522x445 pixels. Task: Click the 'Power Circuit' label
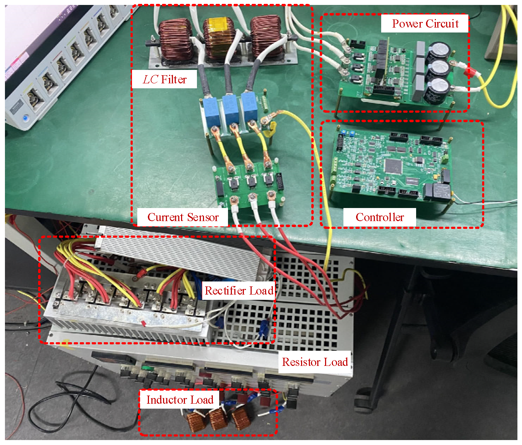click(425, 24)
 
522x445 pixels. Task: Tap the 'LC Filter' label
click(164, 79)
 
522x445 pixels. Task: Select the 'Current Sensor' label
click(183, 217)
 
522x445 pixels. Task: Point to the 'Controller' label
click(379, 217)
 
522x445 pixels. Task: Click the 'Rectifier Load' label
click(239, 291)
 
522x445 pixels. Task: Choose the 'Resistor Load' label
click(315, 362)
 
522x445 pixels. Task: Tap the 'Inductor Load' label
click(180, 400)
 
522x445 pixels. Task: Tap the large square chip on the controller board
click(394, 166)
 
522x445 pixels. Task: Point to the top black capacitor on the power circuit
click(439, 52)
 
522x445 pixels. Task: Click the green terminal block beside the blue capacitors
click(265, 102)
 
